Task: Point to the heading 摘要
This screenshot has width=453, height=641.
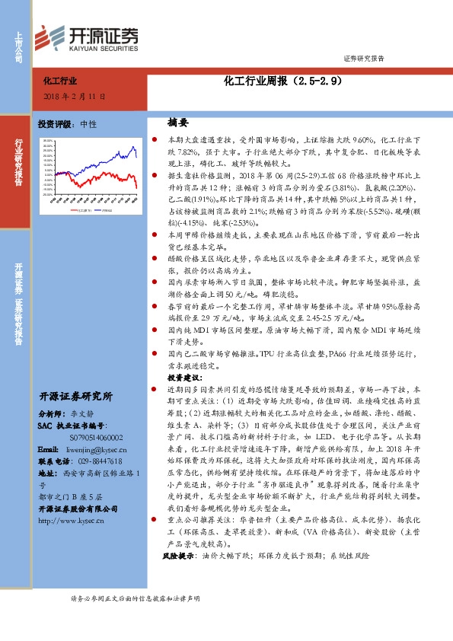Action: tap(177, 122)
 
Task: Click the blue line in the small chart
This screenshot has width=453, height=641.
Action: tap(114, 167)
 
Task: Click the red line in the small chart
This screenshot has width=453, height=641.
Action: tap(114, 180)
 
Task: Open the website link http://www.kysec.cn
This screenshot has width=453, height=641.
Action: tap(75, 520)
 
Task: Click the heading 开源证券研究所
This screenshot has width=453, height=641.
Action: tap(75, 396)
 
